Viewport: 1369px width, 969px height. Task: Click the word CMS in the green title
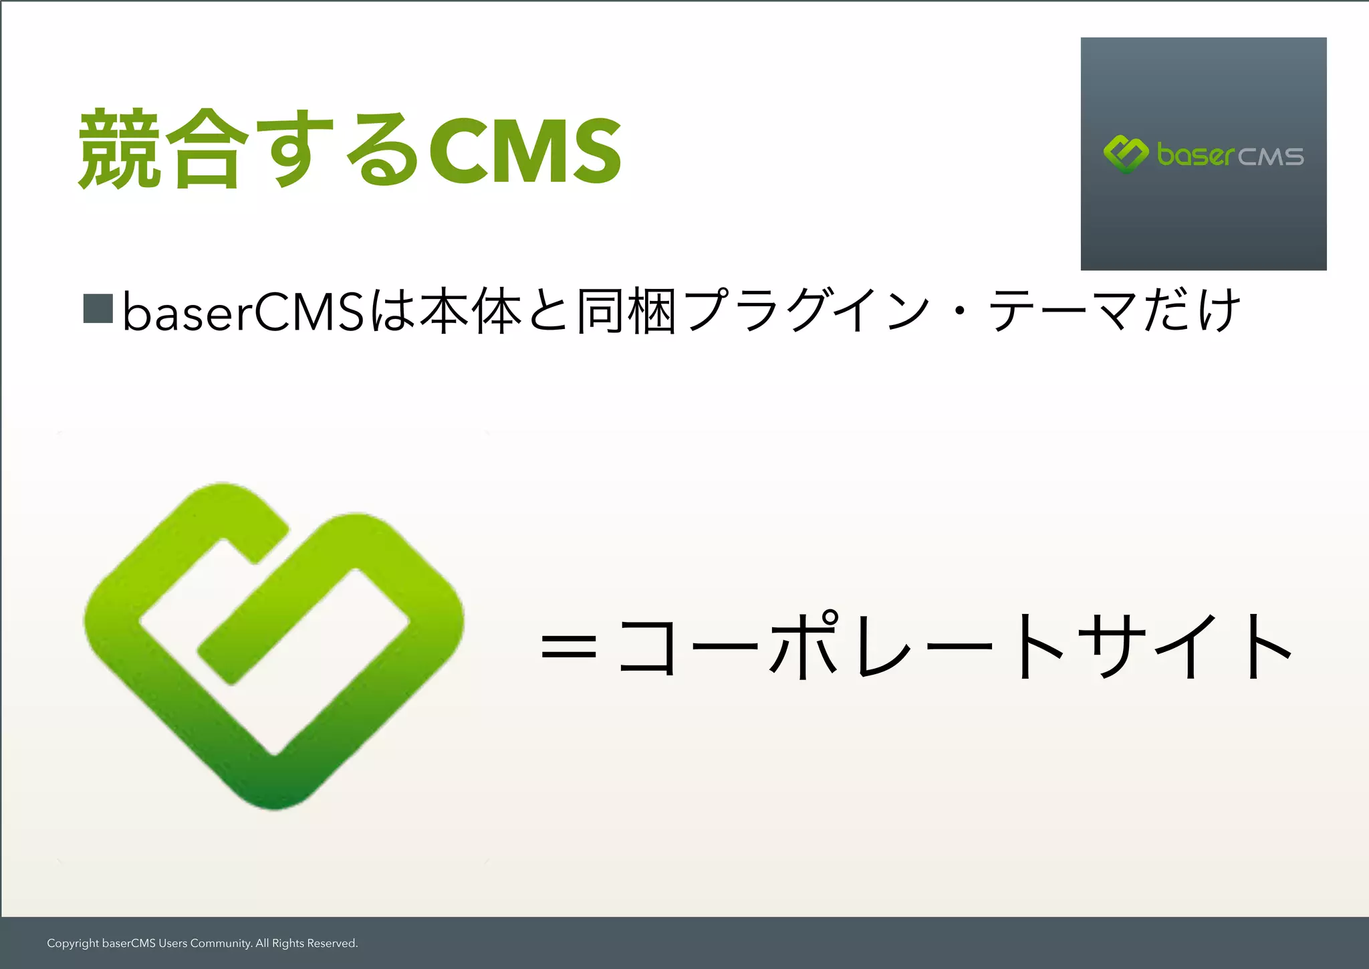tap(525, 150)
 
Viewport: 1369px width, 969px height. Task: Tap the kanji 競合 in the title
tap(160, 150)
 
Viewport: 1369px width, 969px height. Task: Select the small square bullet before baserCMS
tap(98, 308)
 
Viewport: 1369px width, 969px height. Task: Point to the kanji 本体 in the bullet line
tap(471, 311)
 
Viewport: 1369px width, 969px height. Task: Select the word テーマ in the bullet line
tap(1063, 311)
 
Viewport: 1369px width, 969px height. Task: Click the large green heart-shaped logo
tap(273, 646)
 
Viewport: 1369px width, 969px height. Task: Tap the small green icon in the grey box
tap(1126, 154)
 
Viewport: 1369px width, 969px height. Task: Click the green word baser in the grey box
tap(1195, 155)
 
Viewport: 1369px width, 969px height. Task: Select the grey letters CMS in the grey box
tap(1271, 157)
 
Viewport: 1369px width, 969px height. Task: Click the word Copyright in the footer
tap(73, 944)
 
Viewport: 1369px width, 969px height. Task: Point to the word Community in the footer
tap(221, 944)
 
